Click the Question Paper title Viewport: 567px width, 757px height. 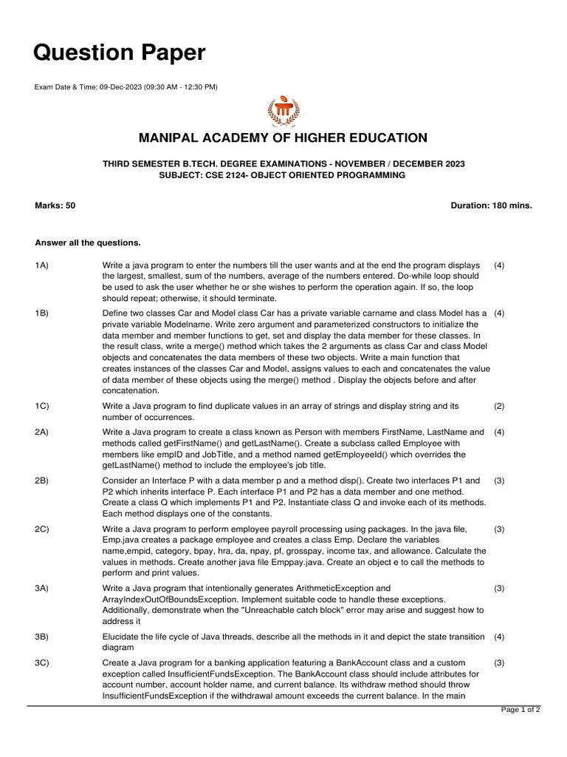(x=120, y=52)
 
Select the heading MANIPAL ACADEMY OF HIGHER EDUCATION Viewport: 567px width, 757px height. (x=283, y=138)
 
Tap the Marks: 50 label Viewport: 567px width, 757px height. (x=55, y=206)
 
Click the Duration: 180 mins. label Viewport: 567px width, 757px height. (x=491, y=206)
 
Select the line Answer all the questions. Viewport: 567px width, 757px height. (x=88, y=242)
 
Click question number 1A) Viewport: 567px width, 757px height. (x=41, y=265)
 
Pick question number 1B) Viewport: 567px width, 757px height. (x=41, y=313)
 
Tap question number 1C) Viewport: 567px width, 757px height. (x=41, y=407)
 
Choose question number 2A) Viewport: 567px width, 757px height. (x=41, y=432)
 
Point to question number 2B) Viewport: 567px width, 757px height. (x=41, y=481)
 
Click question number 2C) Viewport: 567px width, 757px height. (x=41, y=529)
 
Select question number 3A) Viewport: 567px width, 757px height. (x=41, y=588)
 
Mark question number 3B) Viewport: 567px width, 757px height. (x=41, y=637)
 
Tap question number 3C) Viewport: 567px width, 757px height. (x=41, y=663)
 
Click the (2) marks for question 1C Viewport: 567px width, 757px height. (x=499, y=407)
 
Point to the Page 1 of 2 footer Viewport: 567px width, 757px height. (x=520, y=710)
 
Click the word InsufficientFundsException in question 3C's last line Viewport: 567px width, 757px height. (x=152, y=696)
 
